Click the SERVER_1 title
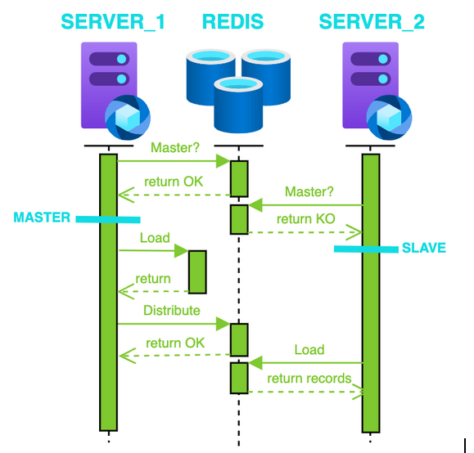113,22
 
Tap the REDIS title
232,21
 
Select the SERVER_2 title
372,22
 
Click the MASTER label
42,218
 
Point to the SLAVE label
424,248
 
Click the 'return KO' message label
306,219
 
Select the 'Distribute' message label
172,311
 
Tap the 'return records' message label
309,379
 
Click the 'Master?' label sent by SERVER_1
175,148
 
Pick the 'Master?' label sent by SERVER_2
309,192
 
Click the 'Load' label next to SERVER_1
155,238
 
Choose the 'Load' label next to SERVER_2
309,350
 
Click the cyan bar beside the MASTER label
108,220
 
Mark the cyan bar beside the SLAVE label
366,249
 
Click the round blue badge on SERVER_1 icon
127,118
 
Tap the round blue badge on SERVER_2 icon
389,118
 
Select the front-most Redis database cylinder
238,105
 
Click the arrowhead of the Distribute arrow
223,324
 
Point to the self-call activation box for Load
197,271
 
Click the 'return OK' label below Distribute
175,343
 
